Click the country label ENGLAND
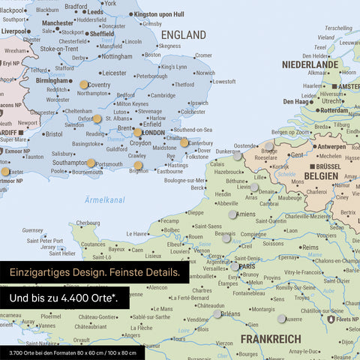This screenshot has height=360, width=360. (x=184, y=35)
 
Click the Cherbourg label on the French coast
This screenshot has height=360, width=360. (x=88, y=223)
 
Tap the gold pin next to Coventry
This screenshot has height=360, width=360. (x=83, y=85)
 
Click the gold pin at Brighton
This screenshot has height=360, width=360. (x=138, y=166)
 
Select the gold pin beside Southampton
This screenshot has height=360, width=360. (x=91, y=163)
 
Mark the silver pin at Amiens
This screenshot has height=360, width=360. (x=231, y=214)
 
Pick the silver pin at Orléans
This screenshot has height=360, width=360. (x=217, y=314)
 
